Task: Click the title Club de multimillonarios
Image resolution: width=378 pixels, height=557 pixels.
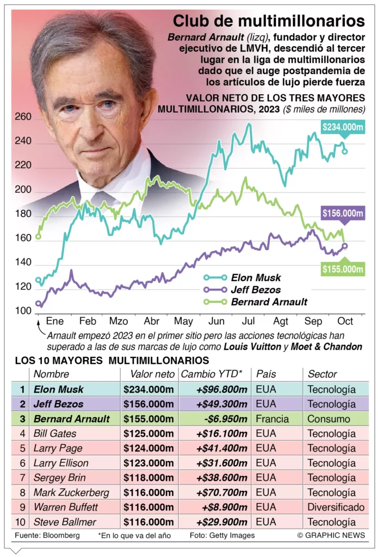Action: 269,21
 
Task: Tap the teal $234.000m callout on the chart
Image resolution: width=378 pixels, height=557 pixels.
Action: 343,127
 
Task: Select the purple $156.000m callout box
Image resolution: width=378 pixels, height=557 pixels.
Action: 343,214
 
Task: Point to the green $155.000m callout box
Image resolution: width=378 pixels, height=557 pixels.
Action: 343,269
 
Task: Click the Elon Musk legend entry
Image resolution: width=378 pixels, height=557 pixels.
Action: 256,277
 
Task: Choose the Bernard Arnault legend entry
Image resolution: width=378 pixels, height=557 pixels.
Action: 269,302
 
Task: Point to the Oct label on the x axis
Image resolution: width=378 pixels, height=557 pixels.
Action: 345,320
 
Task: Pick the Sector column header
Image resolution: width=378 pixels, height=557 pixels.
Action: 323,374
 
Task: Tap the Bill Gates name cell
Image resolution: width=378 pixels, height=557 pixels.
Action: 55,434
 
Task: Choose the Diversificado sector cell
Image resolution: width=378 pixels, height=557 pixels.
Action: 336,508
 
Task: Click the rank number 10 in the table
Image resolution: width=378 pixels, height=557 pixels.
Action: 22,522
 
